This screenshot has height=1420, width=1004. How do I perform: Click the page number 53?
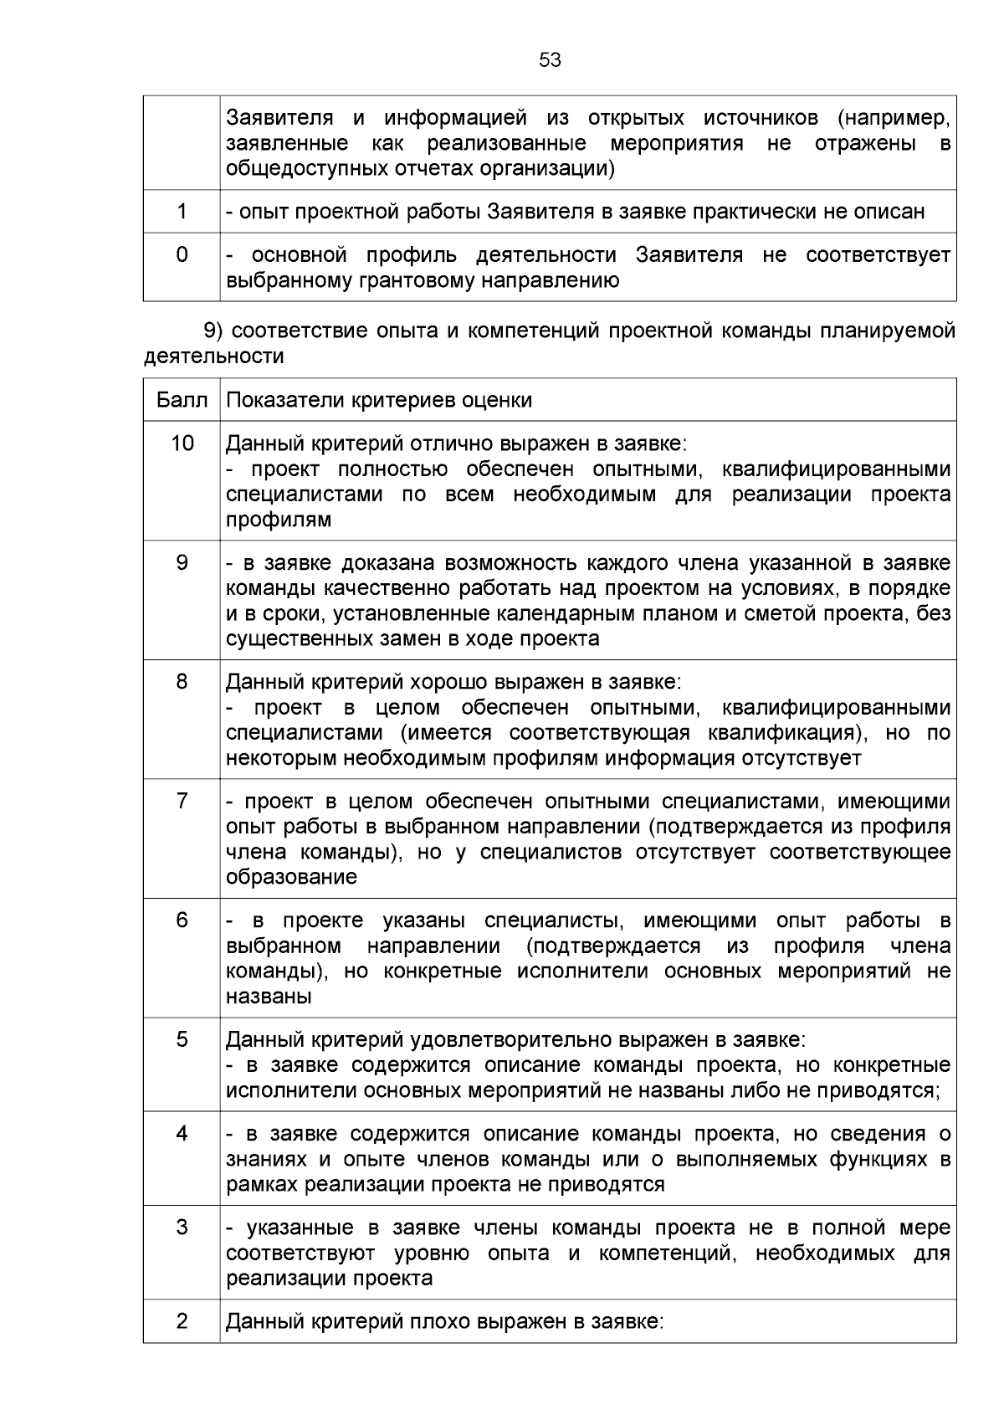click(x=550, y=60)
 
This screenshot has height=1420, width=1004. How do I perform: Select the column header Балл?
click(x=182, y=400)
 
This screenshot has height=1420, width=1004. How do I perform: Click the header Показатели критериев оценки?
click(x=379, y=400)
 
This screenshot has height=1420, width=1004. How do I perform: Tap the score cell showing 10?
click(x=182, y=443)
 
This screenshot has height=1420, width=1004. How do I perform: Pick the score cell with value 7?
click(x=182, y=802)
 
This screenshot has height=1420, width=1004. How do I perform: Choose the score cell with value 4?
click(x=182, y=1134)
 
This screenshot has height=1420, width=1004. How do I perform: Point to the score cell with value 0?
click(x=182, y=254)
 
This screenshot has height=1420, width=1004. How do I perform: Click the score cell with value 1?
click(x=182, y=212)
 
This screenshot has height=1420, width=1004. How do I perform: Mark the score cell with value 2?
click(x=182, y=1321)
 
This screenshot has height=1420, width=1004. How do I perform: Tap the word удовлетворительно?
click(x=512, y=1040)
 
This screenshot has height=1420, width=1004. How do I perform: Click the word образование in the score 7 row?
click(x=291, y=878)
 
